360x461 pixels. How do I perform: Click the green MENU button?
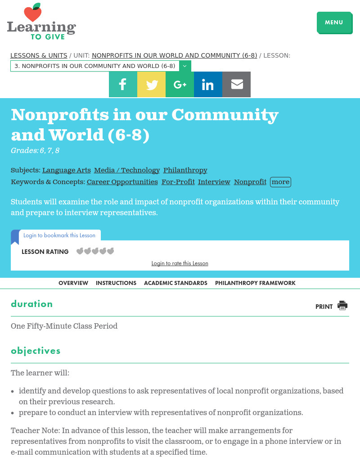(334, 23)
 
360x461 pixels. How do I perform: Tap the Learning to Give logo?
(41, 23)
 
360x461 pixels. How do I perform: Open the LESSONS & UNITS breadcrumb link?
(39, 55)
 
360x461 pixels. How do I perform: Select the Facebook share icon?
(123, 84)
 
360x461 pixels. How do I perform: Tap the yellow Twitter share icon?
(151, 84)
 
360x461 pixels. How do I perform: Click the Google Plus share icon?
(180, 84)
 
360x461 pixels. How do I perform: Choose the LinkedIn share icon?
(208, 84)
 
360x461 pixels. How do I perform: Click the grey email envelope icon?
(236, 84)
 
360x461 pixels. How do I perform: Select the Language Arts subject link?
(66, 170)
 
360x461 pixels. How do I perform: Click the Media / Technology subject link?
(127, 170)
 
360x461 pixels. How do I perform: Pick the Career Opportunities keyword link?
(122, 182)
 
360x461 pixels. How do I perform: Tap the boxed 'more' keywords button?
(280, 182)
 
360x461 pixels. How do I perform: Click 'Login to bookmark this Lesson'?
(59, 235)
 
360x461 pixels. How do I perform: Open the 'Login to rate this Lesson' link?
(180, 263)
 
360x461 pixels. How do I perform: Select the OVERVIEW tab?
(73, 283)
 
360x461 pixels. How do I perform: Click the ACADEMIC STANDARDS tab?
(175, 283)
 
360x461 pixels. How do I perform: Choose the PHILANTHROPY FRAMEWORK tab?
(255, 283)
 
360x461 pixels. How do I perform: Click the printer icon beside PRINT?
(342, 306)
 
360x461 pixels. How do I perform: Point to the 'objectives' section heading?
(36, 351)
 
